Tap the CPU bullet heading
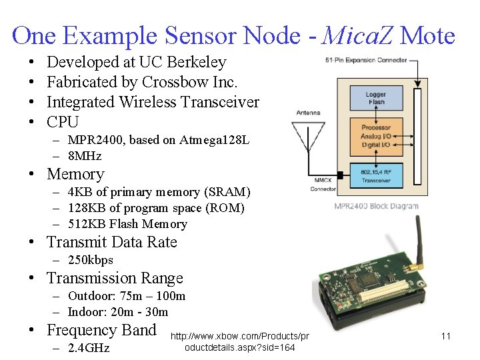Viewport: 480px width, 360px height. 63,122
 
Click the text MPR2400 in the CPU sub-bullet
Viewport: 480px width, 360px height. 91,140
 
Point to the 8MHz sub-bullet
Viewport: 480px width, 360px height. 85,156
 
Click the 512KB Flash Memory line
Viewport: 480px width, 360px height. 127,224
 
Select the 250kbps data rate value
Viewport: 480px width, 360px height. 91,260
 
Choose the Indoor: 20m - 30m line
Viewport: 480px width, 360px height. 118,312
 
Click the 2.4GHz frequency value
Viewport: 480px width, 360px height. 89,348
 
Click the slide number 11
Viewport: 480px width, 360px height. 446,336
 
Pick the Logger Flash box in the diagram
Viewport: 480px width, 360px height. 376,98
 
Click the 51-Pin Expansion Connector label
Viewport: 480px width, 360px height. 365,60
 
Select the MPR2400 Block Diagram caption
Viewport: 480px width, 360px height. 376,206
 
